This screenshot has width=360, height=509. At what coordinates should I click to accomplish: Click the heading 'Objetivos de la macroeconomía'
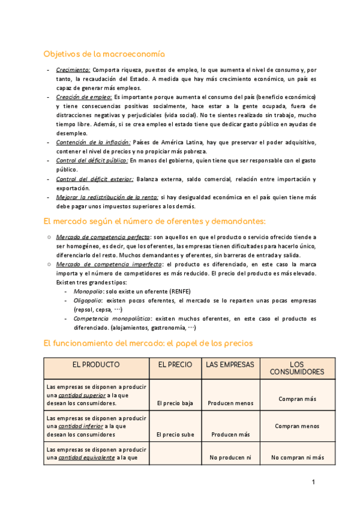click(104, 54)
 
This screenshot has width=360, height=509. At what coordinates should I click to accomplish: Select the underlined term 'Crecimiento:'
click(73, 70)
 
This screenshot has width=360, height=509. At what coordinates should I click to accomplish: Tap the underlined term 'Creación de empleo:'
click(83, 97)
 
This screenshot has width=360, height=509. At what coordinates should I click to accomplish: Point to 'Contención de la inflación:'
click(93, 142)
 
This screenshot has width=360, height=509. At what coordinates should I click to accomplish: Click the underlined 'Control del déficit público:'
click(92, 161)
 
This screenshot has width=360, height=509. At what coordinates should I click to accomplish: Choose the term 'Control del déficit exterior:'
click(94, 179)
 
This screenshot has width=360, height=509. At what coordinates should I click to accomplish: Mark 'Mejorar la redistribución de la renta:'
click(107, 197)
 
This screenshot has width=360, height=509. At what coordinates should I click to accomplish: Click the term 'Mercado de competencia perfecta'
click(103, 237)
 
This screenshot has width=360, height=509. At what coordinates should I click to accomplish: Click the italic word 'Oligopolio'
click(88, 300)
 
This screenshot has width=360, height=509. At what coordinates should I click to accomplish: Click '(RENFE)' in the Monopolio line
click(179, 291)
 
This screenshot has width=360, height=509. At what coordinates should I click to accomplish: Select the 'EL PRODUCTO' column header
click(96, 364)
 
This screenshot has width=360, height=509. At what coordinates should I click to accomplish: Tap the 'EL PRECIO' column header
click(175, 364)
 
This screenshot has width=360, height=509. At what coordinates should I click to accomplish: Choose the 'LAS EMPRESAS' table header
click(230, 364)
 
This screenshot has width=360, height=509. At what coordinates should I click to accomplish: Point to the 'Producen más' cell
click(229, 434)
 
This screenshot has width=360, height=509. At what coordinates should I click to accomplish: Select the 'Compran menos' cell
click(296, 426)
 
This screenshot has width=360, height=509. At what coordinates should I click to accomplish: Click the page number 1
click(313, 481)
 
